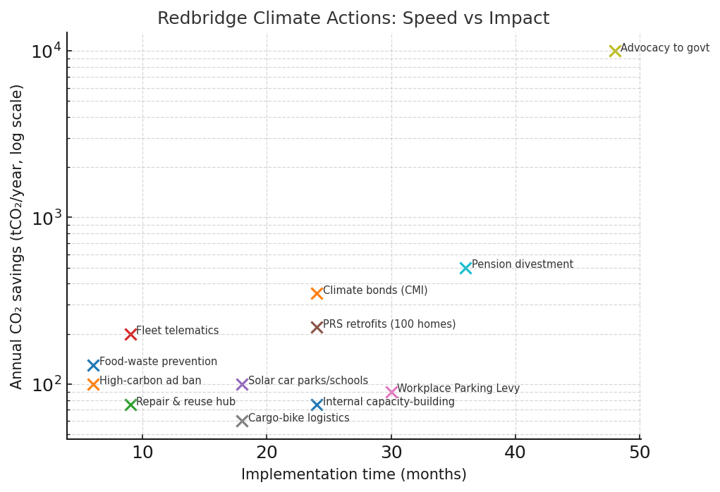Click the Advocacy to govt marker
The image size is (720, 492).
click(x=615, y=51)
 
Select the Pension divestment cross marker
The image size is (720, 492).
click(x=465, y=268)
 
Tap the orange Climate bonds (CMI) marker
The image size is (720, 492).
click(x=317, y=293)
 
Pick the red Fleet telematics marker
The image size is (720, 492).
click(x=130, y=334)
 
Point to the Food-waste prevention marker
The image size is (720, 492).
click(x=93, y=365)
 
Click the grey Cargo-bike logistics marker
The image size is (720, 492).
click(x=242, y=421)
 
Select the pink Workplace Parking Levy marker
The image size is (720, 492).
click(x=391, y=392)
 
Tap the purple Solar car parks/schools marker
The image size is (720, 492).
click(x=242, y=384)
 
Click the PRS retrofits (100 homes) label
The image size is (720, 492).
click(x=389, y=324)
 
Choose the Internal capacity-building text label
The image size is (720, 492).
click(x=389, y=402)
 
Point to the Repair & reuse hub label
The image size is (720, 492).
click(x=185, y=402)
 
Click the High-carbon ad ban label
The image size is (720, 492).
click(x=150, y=381)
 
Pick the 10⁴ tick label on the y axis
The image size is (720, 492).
click(x=46, y=51)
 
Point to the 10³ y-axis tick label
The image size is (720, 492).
click(x=46, y=218)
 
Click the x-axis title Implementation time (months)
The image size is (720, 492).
click(x=353, y=475)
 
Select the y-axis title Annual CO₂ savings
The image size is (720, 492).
click(x=18, y=236)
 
